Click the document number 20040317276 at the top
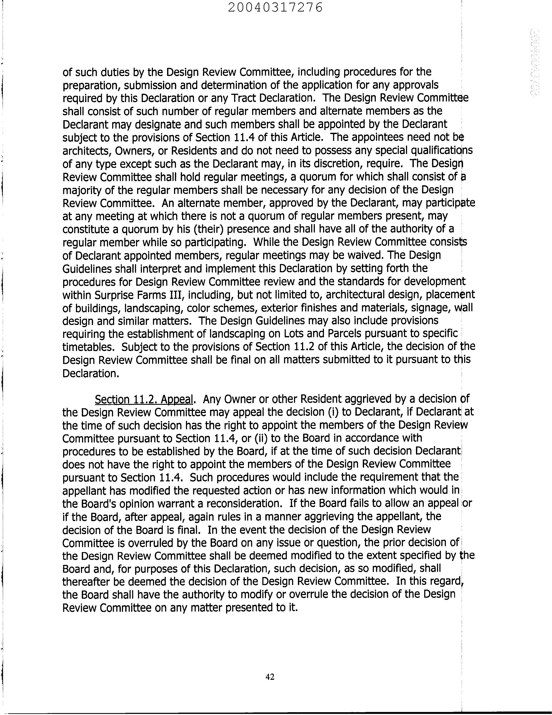[x=275, y=7]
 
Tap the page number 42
[x=270, y=677]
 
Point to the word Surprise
[x=111, y=295]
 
